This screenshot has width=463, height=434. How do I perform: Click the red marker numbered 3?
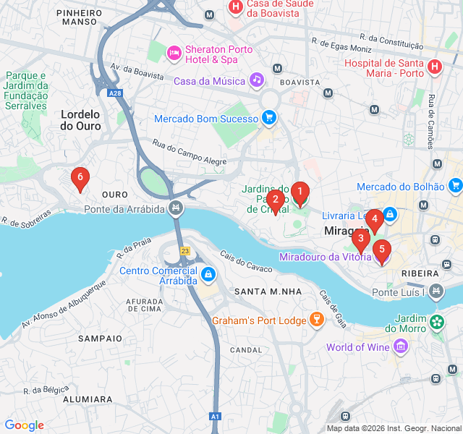click(x=360, y=239)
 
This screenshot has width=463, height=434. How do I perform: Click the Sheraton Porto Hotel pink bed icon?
click(x=174, y=53)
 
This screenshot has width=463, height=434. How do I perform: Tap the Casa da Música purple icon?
click(x=256, y=80)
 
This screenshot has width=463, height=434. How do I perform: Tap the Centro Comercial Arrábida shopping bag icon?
click(x=208, y=275)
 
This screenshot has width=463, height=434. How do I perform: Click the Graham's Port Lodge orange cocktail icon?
click(x=316, y=319)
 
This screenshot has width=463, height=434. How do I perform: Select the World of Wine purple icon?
click(x=400, y=347)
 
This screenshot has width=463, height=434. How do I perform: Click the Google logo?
click(x=24, y=425)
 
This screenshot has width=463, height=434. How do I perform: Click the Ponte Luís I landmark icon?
click(x=436, y=292)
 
